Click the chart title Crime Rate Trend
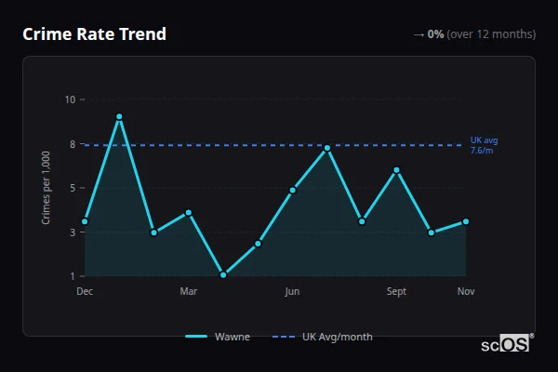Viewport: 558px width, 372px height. pos(94,34)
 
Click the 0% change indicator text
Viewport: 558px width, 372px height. pos(435,34)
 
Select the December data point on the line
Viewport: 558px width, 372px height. pos(85,221)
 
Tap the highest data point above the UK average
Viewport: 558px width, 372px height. pos(119,117)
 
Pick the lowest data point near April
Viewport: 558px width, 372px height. pos(223,274)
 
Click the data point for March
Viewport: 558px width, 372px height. pos(189,213)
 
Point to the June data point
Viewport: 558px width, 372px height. pos(293,190)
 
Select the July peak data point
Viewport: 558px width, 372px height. pos(327,148)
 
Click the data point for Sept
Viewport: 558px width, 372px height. pos(397,170)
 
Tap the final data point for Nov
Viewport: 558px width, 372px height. pos(466,221)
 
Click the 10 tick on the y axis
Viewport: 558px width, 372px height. pos(71,100)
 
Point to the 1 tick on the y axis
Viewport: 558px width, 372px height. pos(71,276)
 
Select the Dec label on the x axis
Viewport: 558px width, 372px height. pos(85,292)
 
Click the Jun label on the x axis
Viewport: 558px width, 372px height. pos(293,292)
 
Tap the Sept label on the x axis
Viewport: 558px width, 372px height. pos(397,292)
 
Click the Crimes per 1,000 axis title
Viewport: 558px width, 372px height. pos(46,188)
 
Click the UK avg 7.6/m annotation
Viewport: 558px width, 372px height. pos(484,145)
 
